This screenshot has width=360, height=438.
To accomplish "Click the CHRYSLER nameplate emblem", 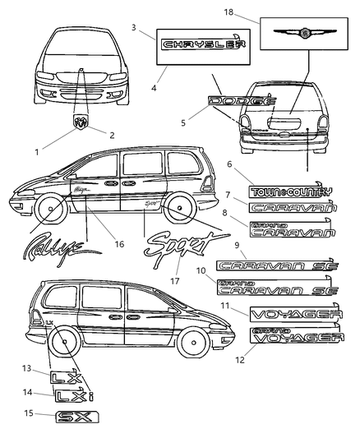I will pos(196,46).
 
